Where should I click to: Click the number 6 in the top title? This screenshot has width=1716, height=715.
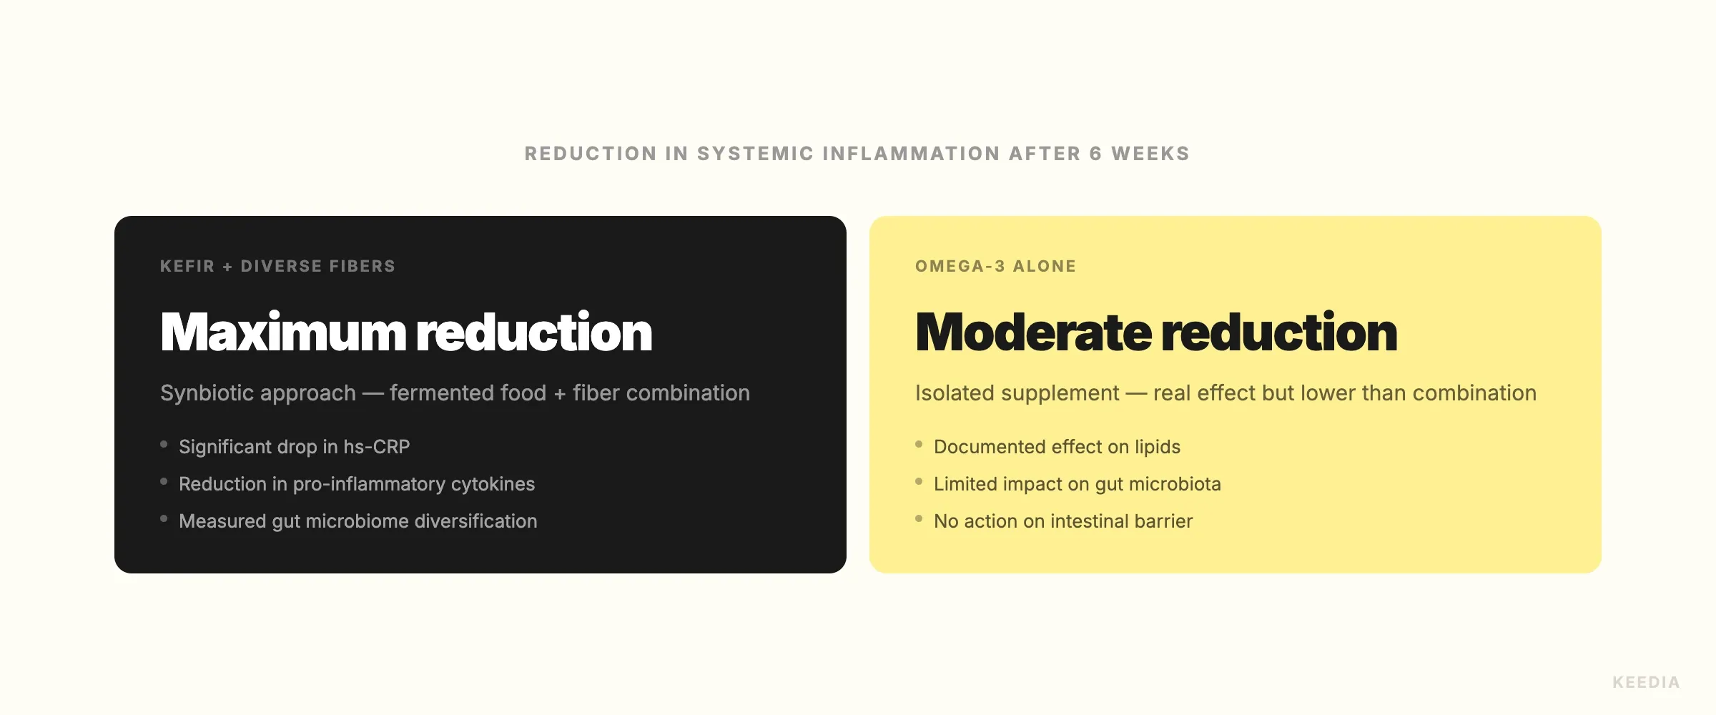(1096, 154)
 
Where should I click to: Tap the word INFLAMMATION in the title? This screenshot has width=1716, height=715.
(911, 154)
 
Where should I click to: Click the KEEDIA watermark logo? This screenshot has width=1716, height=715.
(1646, 682)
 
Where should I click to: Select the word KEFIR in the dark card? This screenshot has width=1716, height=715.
(187, 266)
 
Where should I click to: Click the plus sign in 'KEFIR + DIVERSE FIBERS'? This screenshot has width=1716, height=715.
(227, 267)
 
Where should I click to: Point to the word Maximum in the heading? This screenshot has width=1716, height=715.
(283, 332)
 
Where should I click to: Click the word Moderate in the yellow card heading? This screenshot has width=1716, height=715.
(1033, 332)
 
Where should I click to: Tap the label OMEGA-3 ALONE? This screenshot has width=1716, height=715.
(995, 266)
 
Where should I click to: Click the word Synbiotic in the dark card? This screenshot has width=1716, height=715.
(258, 393)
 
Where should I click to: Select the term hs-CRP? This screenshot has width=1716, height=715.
(376, 446)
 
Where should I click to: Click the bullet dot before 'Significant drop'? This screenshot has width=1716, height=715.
(164, 445)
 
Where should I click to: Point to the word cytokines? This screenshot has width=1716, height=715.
(493, 484)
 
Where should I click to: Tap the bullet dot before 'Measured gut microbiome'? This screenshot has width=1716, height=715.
(164, 519)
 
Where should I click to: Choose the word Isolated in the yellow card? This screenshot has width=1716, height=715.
(961, 393)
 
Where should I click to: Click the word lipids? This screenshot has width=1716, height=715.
(1158, 447)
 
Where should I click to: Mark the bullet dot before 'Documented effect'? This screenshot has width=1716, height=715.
(919, 445)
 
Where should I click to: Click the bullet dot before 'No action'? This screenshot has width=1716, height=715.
(919, 519)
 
